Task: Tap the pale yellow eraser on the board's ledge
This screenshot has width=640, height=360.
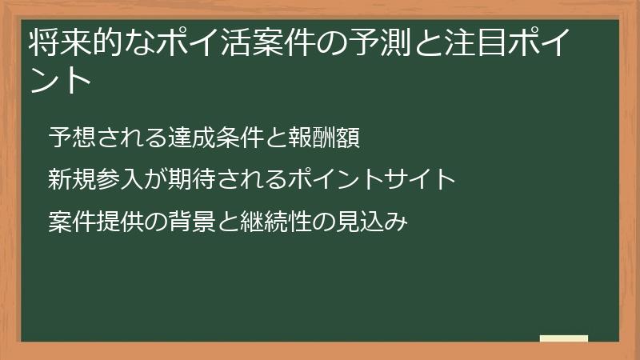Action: click(564, 339)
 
